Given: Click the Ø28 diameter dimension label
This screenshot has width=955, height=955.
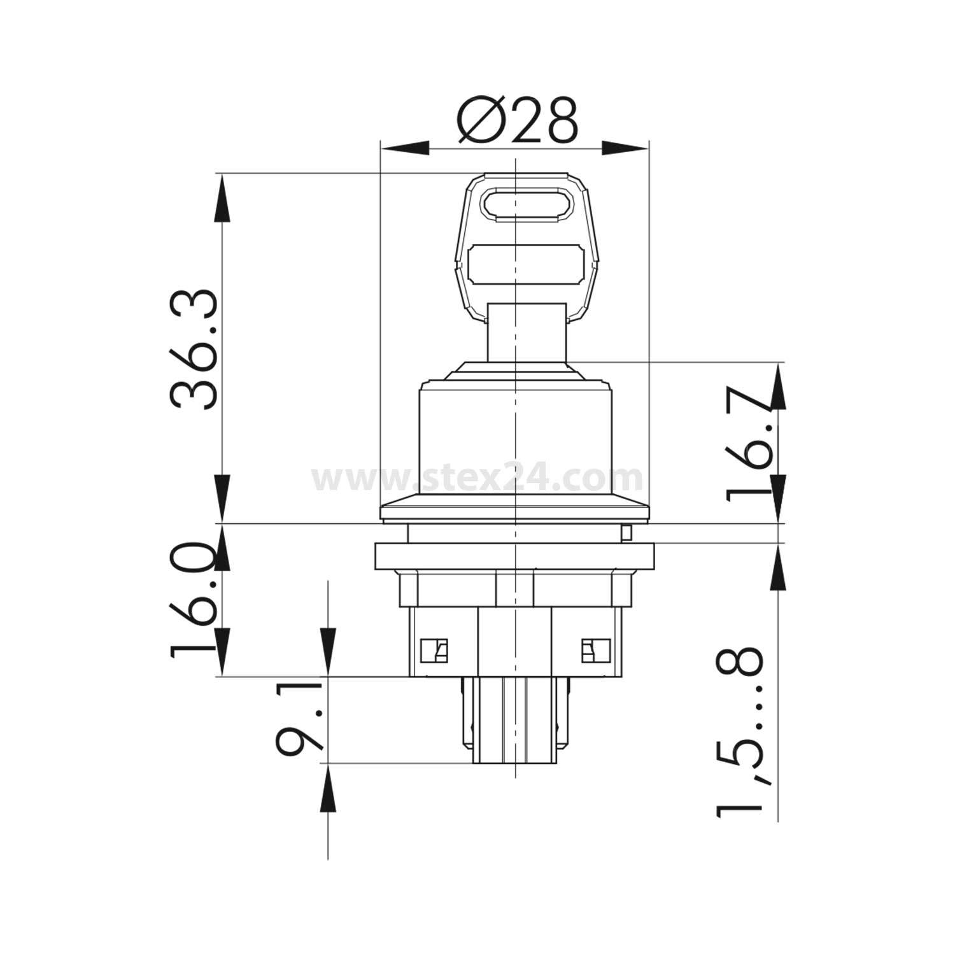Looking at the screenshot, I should [x=518, y=120].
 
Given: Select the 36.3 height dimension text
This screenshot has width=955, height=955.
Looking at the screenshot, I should [x=194, y=349].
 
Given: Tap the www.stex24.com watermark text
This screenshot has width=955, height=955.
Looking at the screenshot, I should [x=478, y=477].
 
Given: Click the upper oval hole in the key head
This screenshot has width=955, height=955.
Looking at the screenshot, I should [x=527, y=204].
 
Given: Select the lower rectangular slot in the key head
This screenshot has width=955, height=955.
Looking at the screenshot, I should [x=526, y=264].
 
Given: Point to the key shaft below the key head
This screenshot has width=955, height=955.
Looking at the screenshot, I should [x=526, y=331].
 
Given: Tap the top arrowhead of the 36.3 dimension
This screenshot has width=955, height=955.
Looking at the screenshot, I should [x=222, y=198].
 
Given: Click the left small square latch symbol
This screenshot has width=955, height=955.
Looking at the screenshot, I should [x=434, y=651].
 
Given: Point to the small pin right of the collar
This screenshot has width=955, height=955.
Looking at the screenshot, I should [x=627, y=532].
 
